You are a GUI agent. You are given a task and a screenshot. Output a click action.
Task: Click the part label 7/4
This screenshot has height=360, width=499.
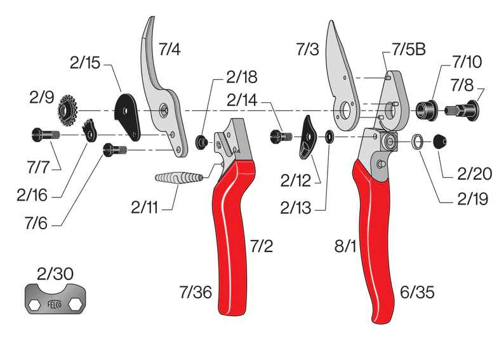pos(170,50)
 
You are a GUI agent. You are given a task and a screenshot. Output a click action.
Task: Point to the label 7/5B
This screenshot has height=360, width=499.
pos(408,50)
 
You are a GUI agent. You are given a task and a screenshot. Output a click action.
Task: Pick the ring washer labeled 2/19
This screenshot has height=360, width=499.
pos(417,141)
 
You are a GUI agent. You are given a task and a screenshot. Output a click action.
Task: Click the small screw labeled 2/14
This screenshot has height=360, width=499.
pos(279,136)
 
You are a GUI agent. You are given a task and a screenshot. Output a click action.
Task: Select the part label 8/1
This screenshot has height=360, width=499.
pos(347,245)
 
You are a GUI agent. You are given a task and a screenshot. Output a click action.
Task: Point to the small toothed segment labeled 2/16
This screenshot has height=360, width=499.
pos(90,130)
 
